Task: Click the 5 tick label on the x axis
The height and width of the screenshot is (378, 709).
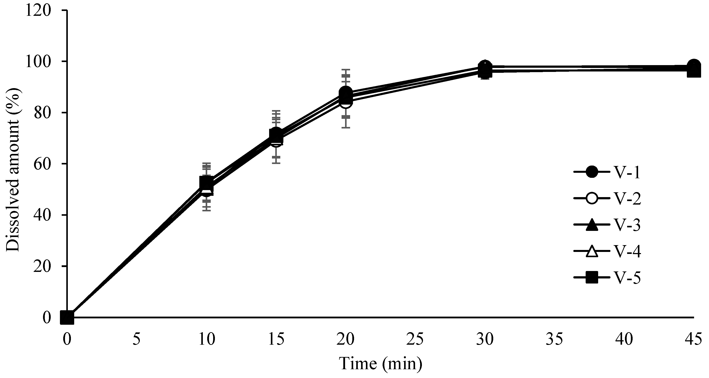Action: tap(137, 340)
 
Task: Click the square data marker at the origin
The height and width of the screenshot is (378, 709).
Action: tap(67, 317)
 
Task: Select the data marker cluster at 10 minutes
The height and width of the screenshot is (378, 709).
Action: tap(207, 185)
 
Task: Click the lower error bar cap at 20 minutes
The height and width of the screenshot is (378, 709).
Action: tap(346, 127)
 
